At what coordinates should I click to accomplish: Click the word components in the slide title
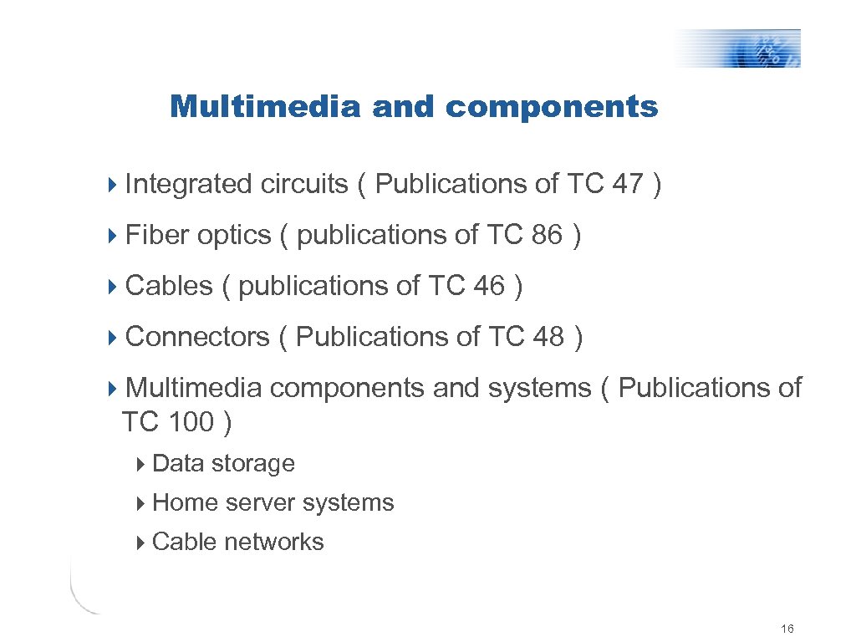pyautogui.click(x=552, y=107)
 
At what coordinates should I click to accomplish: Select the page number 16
pyautogui.click(x=786, y=629)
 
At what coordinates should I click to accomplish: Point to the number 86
pyautogui.click(x=547, y=236)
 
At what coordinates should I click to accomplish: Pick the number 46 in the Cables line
pyautogui.click(x=489, y=287)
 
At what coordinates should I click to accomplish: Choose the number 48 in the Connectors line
pyautogui.click(x=548, y=337)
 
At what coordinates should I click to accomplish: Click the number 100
pyautogui.click(x=191, y=423)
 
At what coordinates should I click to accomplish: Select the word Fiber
pyautogui.click(x=157, y=236)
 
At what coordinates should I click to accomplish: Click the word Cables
pyautogui.click(x=169, y=287)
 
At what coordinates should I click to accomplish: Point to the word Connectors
pyautogui.click(x=197, y=337)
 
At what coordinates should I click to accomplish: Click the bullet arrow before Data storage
pyautogui.click(x=142, y=464)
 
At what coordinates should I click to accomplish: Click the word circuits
pyautogui.click(x=303, y=184)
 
